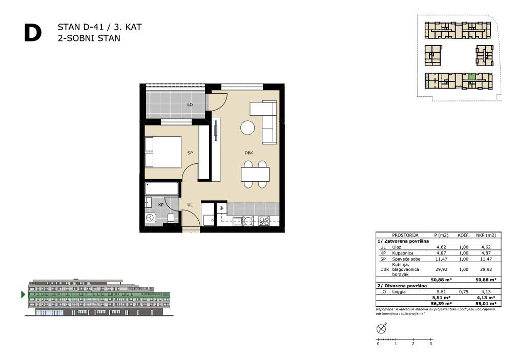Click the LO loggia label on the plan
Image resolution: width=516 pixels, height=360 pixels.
[190, 105]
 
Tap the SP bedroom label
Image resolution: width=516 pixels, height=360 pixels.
[190, 153]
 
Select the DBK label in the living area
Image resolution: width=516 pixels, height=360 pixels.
[249, 153]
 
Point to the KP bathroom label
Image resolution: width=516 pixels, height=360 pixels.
[161, 205]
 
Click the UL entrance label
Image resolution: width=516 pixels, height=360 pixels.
[190, 205]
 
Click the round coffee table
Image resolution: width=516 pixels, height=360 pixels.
[247, 128]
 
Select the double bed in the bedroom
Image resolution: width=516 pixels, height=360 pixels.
[163, 152]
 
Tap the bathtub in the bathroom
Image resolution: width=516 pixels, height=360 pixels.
[162, 189]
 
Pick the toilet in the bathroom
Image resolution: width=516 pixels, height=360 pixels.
[171, 218]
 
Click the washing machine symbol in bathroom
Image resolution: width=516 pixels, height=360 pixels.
[150, 218]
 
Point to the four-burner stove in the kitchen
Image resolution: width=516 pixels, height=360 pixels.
[264, 221]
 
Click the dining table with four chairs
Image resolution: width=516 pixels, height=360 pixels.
[255, 174]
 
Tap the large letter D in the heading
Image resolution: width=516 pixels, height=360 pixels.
[33, 33]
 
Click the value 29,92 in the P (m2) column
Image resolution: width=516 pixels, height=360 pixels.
[441, 269]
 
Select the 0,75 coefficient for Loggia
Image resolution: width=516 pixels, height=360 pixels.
[463, 291]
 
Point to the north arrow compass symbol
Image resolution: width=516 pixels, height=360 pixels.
[381, 328]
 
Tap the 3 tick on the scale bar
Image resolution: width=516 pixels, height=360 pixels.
[430, 344]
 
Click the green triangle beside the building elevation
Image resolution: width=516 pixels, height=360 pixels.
[23, 294]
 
